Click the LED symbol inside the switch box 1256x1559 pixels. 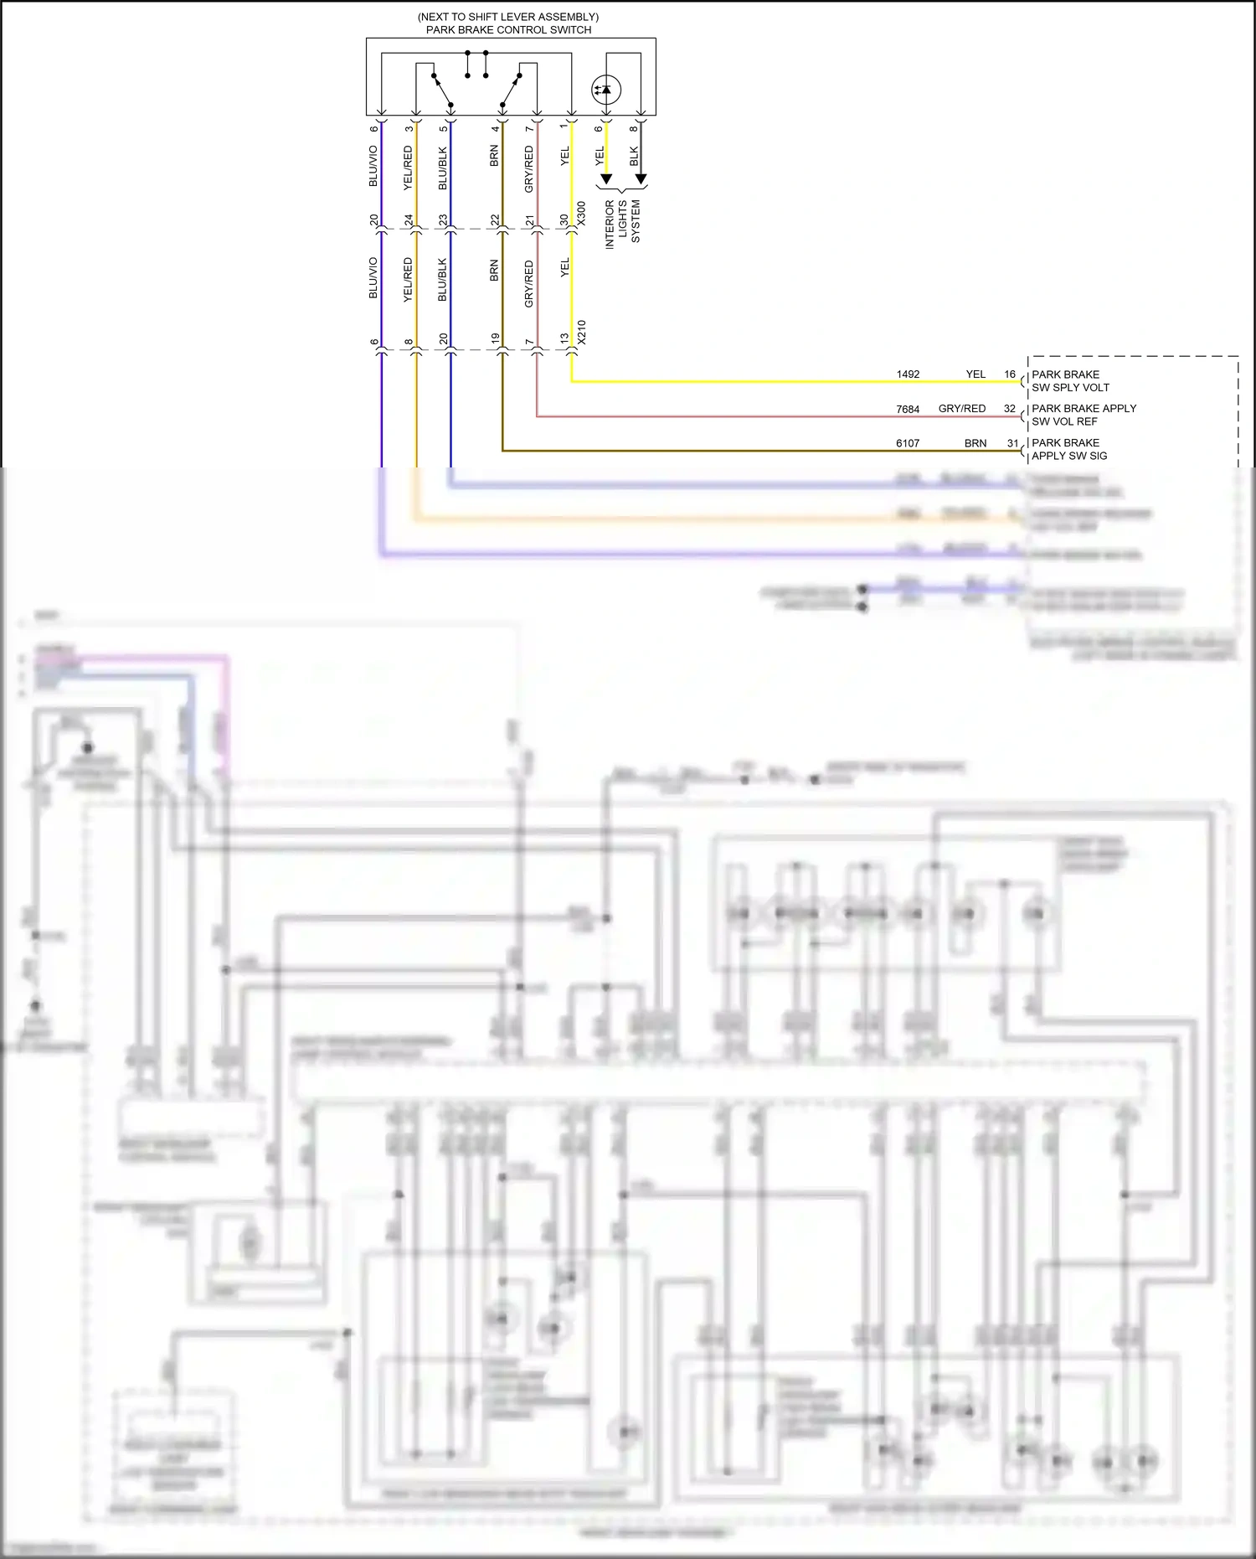point(605,90)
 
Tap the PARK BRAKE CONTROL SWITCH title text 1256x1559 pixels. point(508,30)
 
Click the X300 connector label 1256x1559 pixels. point(582,213)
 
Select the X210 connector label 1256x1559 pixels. point(582,332)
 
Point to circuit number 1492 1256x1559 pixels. point(908,374)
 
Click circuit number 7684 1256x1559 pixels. point(908,410)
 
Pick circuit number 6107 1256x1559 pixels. point(908,443)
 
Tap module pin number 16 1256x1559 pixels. point(1010,374)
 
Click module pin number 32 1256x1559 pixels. point(1010,409)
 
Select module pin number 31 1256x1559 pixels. point(1012,443)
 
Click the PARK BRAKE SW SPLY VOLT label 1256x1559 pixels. point(1070,381)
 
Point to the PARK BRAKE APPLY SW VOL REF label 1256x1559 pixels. point(1084,415)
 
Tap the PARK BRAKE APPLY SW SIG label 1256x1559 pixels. point(1069,449)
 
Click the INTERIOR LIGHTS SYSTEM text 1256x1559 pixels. point(622,223)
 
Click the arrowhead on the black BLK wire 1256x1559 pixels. point(641,179)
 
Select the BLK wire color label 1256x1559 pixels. point(634,156)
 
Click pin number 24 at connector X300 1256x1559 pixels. point(409,220)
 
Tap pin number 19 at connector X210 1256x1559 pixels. point(495,339)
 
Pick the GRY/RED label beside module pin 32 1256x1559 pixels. point(961,409)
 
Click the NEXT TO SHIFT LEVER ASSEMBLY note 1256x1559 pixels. point(508,17)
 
